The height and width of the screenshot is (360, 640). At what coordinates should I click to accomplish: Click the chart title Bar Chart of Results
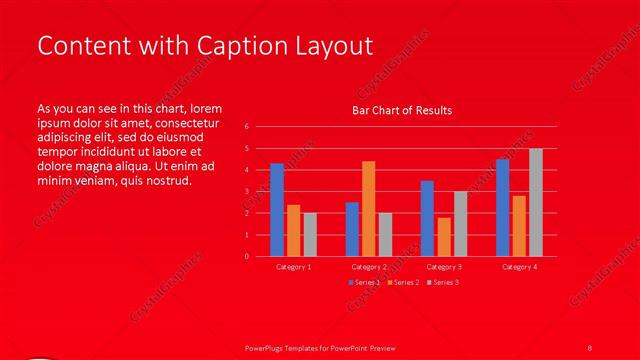tap(401, 109)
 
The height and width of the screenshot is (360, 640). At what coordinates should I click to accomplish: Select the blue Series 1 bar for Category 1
tap(277, 210)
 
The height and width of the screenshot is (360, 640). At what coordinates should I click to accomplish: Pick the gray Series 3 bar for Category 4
tap(536, 202)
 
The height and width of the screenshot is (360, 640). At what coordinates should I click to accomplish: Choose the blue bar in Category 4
tap(502, 207)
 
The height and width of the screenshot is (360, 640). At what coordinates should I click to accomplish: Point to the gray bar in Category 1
tap(310, 234)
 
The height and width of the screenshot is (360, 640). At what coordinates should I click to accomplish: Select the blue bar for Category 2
tap(352, 229)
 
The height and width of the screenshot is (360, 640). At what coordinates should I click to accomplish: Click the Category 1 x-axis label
tap(293, 267)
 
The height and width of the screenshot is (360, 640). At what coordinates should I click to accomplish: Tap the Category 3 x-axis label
tap(443, 267)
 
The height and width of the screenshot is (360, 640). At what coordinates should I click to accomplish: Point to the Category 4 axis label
tap(519, 267)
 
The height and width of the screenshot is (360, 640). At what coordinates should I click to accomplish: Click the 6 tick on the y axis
tap(247, 127)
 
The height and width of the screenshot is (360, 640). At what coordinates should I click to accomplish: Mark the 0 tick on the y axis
tap(247, 256)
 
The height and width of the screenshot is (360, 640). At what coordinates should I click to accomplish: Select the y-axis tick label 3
tap(247, 192)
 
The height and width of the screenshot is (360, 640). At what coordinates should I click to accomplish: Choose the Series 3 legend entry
tap(447, 283)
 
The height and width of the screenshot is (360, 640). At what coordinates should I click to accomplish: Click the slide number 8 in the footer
tap(590, 346)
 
